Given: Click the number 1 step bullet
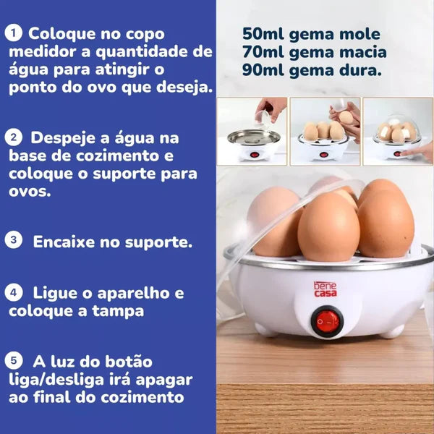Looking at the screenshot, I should (12, 33).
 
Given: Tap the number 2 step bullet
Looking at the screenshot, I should (12, 137).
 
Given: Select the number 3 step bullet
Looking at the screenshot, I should (14, 240).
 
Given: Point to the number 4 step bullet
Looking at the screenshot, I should (14, 293).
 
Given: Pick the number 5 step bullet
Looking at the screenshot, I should (13, 360).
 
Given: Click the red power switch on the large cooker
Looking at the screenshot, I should (327, 320).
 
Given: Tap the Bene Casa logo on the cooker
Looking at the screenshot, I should (325, 289).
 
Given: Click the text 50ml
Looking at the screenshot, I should (265, 34).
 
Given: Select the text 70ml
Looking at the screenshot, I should (265, 52).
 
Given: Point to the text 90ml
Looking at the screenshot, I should (265, 71).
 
